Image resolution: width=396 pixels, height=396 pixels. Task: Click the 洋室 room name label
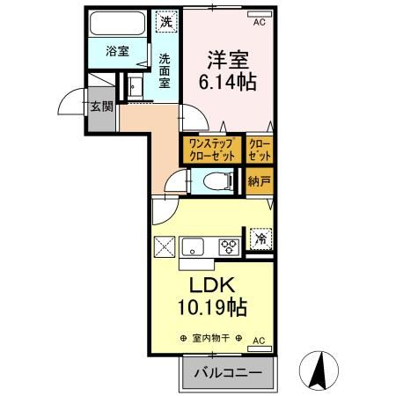(x=228, y=60)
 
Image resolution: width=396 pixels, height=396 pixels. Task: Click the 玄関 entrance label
(x=99, y=106)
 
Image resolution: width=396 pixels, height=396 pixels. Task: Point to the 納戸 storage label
(x=259, y=182)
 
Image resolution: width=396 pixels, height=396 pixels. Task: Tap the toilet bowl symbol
(x=212, y=182)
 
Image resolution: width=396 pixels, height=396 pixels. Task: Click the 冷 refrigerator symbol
(x=260, y=238)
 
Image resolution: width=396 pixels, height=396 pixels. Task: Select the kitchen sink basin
(x=193, y=246)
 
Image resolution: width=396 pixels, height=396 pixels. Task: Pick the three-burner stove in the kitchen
(x=228, y=246)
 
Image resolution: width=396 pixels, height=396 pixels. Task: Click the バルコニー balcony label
(x=227, y=373)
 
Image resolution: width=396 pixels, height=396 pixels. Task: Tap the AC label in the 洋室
(x=259, y=23)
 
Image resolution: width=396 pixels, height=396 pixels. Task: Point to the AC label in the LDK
(x=259, y=339)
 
